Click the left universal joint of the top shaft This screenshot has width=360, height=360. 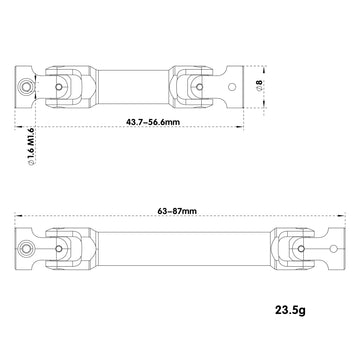pyautogui.click(x=69, y=86)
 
